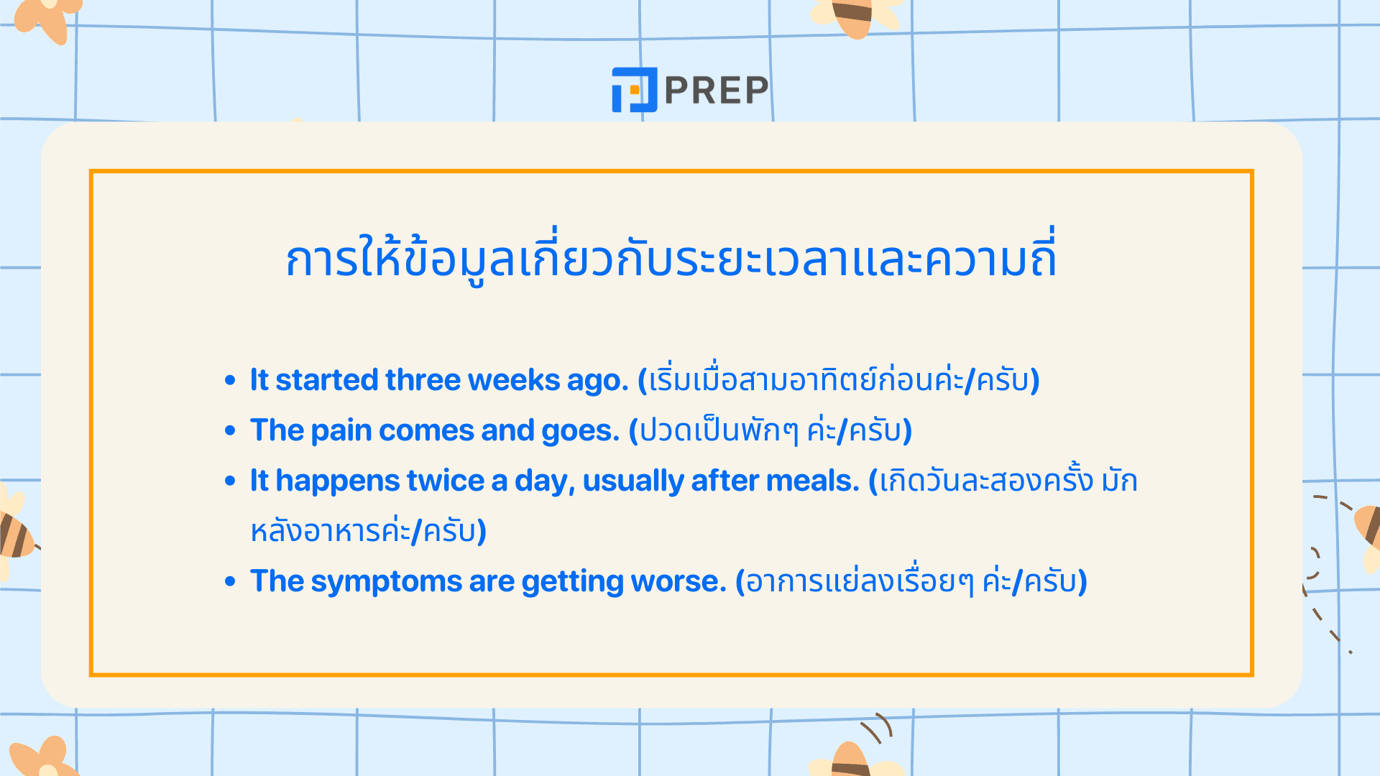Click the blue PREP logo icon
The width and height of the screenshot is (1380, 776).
pos(634,90)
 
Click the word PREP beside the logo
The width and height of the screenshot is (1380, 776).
pos(717,91)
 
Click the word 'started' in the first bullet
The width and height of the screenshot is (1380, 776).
pos(326,380)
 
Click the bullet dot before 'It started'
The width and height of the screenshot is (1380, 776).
pos(230,380)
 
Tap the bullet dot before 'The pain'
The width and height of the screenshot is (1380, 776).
pos(230,430)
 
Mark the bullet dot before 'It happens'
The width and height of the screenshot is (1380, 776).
pos(230,481)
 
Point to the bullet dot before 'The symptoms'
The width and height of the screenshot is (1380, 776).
pos(230,581)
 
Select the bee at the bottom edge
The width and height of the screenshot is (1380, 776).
pos(853,760)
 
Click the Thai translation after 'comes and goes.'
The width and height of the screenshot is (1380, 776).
pos(770,431)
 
